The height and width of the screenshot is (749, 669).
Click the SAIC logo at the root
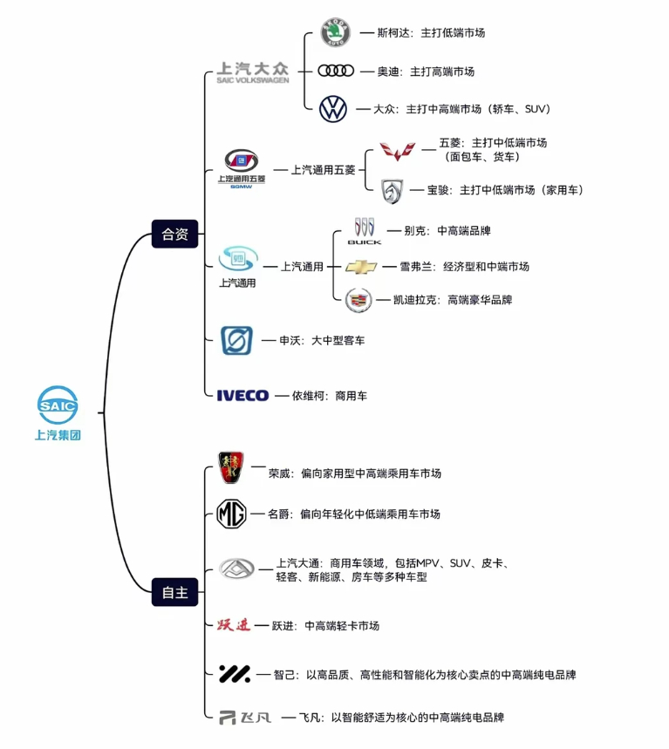point(58,405)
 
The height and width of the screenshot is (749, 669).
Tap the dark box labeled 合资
point(174,233)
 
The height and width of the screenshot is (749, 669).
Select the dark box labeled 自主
point(174,592)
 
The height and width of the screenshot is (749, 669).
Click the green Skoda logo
point(334,33)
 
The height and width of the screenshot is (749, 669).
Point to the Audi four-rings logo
point(335,71)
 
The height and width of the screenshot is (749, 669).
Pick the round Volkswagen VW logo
point(333,109)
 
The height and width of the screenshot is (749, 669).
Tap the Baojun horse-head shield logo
point(393,189)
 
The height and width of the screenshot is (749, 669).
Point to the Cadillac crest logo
point(358,300)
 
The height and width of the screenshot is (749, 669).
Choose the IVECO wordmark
point(242,396)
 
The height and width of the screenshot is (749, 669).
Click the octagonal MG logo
point(232,514)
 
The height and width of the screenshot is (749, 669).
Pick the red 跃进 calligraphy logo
point(234,624)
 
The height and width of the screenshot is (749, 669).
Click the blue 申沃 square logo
point(236,340)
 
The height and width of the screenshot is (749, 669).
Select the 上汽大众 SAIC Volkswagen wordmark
point(253,71)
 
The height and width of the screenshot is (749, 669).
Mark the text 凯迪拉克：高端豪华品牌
point(444,300)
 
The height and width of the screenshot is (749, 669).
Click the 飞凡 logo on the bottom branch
point(244,718)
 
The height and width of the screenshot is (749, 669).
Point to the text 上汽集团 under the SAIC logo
point(58,435)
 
